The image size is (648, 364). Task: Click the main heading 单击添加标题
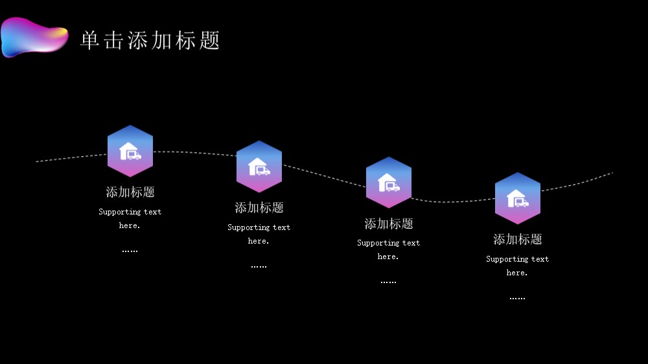point(150,41)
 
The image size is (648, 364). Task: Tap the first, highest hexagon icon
point(130,151)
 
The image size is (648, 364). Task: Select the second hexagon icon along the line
point(259,166)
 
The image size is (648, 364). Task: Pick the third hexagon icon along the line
point(388,182)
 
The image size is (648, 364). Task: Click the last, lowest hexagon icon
point(517,198)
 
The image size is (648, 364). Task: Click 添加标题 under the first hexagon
point(130,192)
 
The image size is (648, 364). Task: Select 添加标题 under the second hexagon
point(259,207)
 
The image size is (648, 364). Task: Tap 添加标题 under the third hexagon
point(388,223)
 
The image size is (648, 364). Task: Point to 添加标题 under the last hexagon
point(517,239)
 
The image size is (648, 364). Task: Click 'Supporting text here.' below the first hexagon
point(130,218)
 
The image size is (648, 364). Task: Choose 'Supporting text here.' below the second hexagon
point(259,234)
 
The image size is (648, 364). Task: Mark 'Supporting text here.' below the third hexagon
point(388,249)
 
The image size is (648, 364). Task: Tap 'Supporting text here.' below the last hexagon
point(517,266)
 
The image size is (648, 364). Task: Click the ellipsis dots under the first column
point(130,251)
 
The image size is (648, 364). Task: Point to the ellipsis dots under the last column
point(517,298)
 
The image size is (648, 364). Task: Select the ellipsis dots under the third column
point(388,282)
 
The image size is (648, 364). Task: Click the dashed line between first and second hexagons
point(194,153)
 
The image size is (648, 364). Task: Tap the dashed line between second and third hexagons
point(325,176)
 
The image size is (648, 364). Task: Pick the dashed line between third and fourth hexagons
point(453,201)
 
